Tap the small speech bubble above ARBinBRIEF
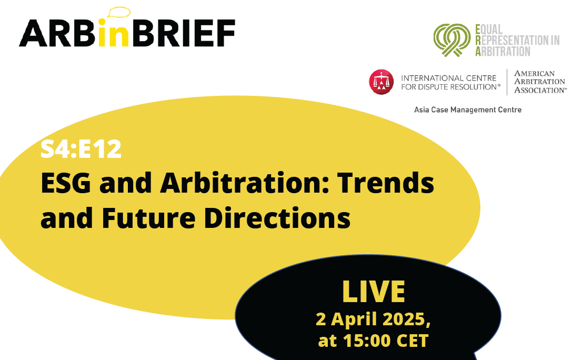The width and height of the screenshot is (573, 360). pyautogui.click(x=118, y=12)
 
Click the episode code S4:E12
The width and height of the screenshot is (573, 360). pyautogui.click(x=81, y=149)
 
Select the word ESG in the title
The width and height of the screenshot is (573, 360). pyautogui.click(x=66, y=183)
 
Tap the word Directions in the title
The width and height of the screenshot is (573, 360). pyautogui.click(x=277, y=218)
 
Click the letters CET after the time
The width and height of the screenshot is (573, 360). pyautogui.click(x=412, y=341)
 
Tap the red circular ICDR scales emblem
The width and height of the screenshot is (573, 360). pyautogui.click(x=381, y=82)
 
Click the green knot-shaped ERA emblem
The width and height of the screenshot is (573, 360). pyautogui.click(x=452, y=40)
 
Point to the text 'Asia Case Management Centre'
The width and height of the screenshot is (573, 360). pyautogui.click(x=467, y=109)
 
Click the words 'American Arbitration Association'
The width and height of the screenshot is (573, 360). pyautogui.click(x=540, y=82)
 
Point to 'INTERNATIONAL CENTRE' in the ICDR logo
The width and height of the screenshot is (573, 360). pyautogui.click(x=449, y=78)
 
